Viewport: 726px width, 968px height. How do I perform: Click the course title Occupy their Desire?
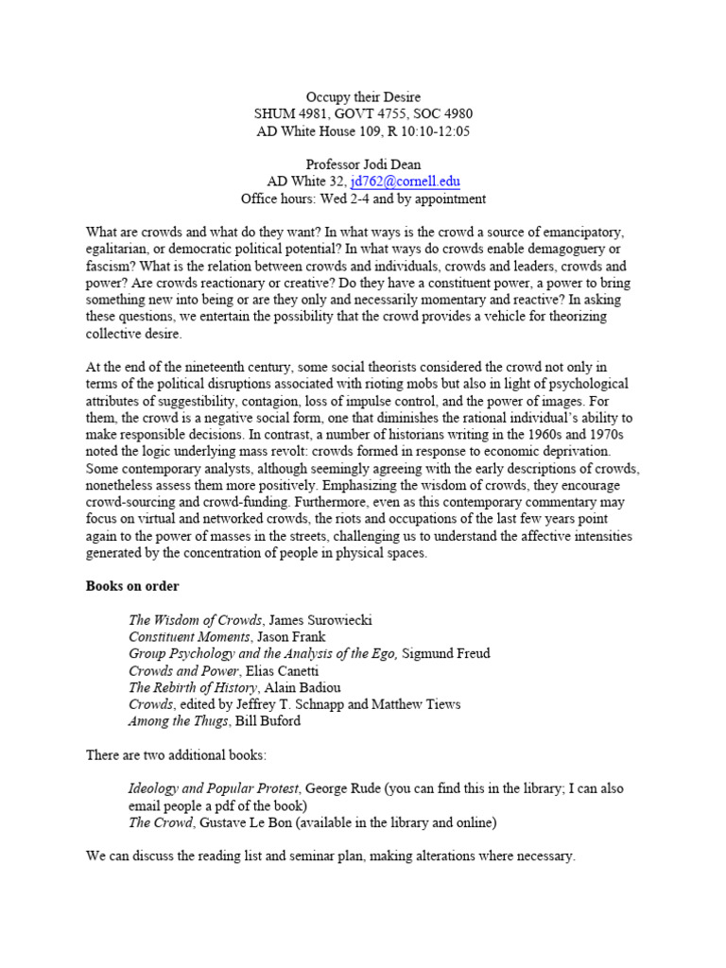point(363,96)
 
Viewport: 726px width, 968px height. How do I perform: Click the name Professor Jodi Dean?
point(363,164)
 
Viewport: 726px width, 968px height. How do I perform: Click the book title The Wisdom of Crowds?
point(196,620)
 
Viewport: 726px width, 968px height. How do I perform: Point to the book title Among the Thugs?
point(179,721)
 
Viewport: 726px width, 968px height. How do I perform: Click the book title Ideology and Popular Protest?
point(215,788)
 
